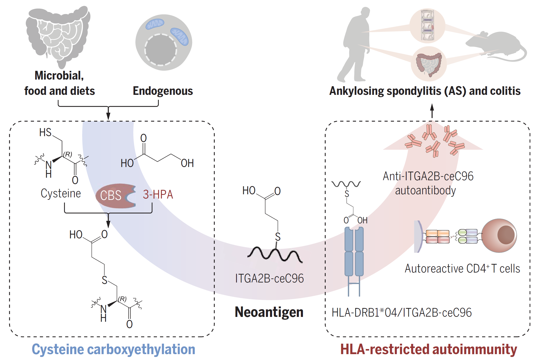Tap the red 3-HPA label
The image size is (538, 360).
(158, 195)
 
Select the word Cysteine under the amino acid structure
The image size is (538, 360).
(61, 194)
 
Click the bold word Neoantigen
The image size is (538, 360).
(269, 312)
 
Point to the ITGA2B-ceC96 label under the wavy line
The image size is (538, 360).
(270, 278)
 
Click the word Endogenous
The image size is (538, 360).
(163, 91)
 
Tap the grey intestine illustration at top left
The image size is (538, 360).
(58, 36)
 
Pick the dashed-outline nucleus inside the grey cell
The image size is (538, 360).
(161, 50)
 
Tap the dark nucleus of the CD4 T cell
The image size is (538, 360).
(506, 235)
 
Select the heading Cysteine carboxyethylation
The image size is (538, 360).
(113, 349)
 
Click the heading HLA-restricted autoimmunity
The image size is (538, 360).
(429, 349)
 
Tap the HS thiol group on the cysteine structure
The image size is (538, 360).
(45, 133)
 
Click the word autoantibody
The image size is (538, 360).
(425, 191)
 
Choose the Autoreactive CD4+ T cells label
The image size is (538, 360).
(462, 269)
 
